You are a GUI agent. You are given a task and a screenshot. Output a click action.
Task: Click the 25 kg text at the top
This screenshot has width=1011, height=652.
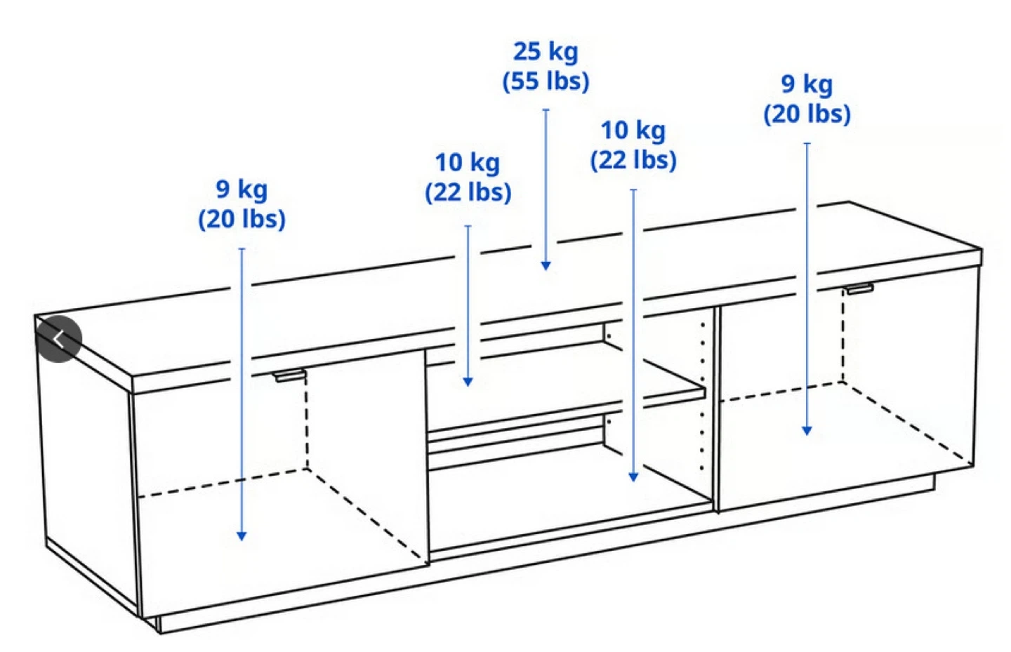point(546,51)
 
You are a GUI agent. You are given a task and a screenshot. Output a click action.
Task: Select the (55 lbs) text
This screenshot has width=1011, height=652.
point(546,81)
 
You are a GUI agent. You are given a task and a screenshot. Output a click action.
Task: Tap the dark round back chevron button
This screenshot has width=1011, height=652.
point(59,339)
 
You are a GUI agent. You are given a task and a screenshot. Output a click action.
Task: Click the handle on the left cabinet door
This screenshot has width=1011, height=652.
point(290,375)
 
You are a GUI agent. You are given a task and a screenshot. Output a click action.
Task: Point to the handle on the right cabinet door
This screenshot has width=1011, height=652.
point(860,288)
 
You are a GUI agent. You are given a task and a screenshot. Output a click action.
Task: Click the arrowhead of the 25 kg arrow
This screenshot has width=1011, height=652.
point(546,266)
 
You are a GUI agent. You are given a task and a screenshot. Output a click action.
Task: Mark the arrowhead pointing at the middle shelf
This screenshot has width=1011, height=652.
point(468,382)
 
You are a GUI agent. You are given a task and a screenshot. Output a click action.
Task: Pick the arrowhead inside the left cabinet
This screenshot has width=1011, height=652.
point(242,535)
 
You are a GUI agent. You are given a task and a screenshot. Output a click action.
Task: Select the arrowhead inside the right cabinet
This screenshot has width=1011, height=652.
point(807,431)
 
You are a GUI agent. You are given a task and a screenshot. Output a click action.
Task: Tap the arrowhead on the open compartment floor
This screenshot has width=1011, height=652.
point(633,477)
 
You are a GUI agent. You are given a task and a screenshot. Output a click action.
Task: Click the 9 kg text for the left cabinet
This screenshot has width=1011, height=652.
point(242,189)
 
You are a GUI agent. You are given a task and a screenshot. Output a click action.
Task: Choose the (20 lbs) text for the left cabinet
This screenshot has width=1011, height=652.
point(242,219)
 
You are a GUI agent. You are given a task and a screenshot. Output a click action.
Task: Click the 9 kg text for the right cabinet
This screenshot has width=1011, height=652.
point(807,84)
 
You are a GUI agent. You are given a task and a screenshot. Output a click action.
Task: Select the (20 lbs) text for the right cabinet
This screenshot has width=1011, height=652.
point(807,114)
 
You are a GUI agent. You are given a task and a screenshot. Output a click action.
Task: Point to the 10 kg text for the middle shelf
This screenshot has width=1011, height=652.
point(468,163)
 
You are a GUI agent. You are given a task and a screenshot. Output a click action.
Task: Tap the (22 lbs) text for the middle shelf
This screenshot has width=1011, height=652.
point(468,193)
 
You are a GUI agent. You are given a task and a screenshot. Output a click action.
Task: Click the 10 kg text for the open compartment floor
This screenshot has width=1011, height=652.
point(633,131)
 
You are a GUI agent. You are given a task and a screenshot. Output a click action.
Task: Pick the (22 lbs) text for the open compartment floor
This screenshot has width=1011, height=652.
point(634,160)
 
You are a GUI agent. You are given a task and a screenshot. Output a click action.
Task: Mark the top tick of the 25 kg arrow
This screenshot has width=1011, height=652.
point(546,109)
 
